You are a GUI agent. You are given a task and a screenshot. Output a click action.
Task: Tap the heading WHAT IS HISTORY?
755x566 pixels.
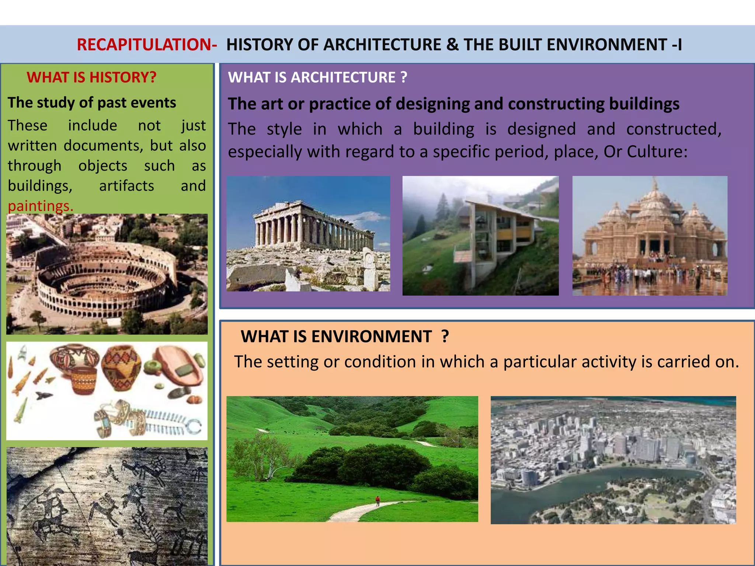(91, 77)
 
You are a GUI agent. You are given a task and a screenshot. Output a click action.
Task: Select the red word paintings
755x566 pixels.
(41, 206)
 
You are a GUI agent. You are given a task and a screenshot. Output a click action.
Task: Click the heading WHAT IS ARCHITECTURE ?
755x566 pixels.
(317, 77)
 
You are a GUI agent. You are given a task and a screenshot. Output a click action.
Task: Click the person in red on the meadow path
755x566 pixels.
(377, 500)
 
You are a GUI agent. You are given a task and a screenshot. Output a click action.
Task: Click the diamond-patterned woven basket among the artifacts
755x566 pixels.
(121, 367)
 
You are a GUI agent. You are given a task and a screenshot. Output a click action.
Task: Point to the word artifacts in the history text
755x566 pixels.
(126, 186)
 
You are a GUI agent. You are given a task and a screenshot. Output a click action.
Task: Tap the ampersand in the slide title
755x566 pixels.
(452, 45)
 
